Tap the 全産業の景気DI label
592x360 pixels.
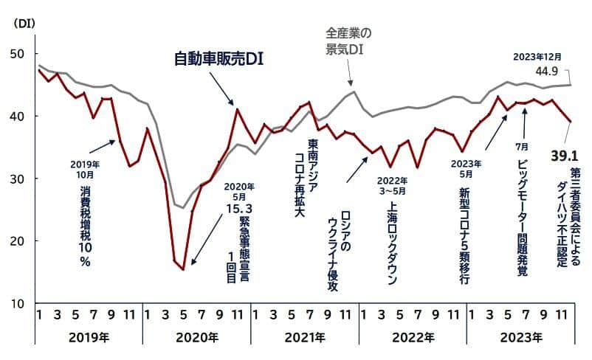349,41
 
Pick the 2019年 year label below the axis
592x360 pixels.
89,339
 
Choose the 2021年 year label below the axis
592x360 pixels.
304,339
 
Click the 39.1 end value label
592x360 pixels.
565,156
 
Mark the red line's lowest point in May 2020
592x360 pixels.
183,269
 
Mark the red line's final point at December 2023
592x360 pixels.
570,122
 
